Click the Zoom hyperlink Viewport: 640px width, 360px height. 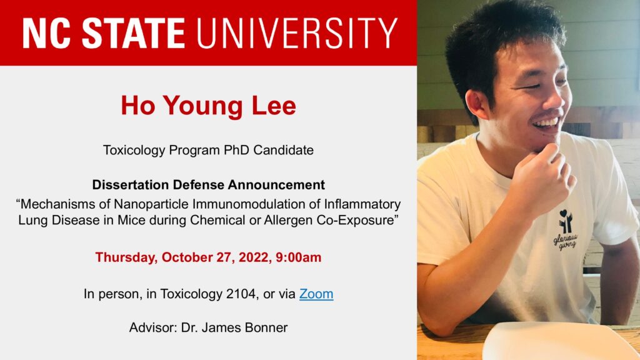click(x=316, y=294)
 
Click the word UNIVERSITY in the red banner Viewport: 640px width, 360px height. click(x=297, y=33)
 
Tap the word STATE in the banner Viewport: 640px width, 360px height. click(x=134, y=33)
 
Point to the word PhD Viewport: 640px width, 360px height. click(x=237, y=150)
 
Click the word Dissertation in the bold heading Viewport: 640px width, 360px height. click(x=131, y=185)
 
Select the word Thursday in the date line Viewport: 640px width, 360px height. click(x=126, y=257)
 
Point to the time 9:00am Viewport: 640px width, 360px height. click(x=298, y=257)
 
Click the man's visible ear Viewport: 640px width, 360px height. click(x=477, y=104)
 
